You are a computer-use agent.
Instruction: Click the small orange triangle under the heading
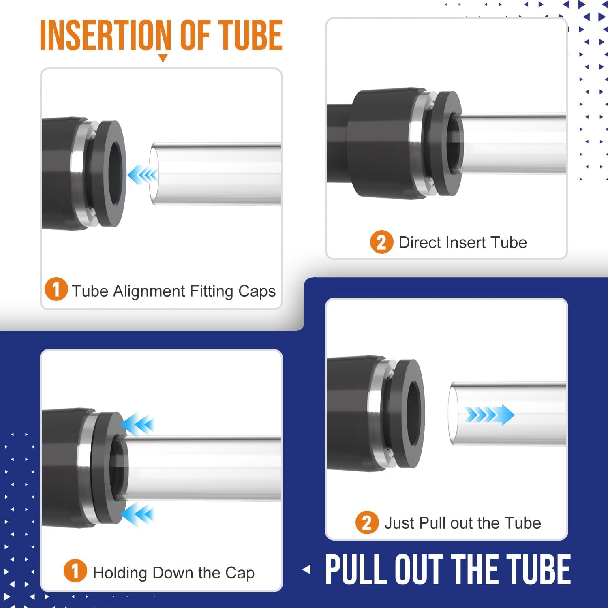163,58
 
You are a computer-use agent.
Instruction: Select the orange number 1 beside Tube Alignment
56,289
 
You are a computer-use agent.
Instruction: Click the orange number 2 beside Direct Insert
381,242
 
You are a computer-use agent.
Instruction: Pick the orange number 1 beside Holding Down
75,571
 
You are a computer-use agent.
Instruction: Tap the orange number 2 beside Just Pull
367,522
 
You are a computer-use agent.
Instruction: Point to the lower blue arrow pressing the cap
137,514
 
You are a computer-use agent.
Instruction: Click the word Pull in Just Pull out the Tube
433,523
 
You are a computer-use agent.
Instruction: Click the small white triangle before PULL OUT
307,569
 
